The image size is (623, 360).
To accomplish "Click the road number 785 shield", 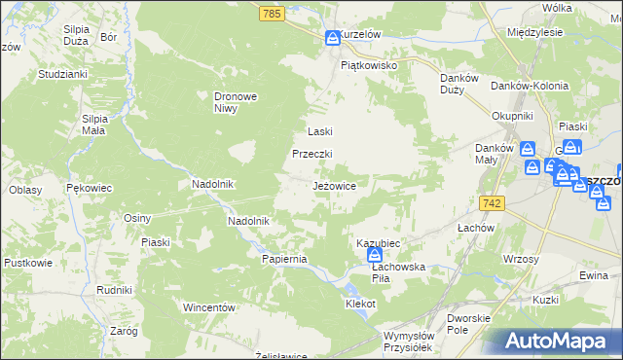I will [x=272, y=13].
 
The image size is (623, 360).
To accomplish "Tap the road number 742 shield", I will [x=492, y=201].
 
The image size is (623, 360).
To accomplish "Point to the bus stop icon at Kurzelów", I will [x=332, y=37].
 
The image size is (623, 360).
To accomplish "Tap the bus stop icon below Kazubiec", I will [x=375, y=255].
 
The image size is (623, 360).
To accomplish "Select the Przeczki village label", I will [x=313, y=154].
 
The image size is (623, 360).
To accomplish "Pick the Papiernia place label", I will [x=284, y=259].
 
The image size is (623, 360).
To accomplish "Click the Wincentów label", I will [x=210, y=307].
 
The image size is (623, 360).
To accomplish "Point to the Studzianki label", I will [x=63, y=74].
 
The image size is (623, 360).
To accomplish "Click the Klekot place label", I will [x=360, y=304].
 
